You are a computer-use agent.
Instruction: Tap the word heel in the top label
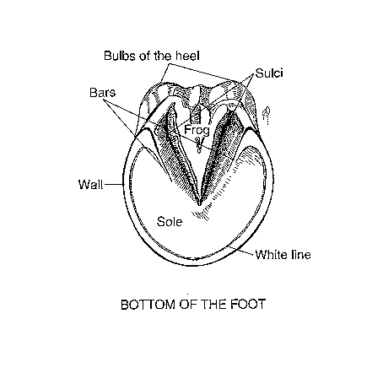pyautogui.click(x=188, y=56)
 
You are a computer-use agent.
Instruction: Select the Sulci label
pyautogui.click(x=269, y=73)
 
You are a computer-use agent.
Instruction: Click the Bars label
pyautogui.click(x=102, y=93)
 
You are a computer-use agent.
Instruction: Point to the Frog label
pyautogui.click(x=197, y=131)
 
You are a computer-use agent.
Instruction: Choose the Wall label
pyautogui.click(x=90, y=185)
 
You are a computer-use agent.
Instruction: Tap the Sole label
pyautogui.click(x=170, y=222)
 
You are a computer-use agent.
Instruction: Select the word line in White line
pyautogui.click(x=301, y=255)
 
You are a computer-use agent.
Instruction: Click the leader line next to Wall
pyautogui.click(x=113, y=185)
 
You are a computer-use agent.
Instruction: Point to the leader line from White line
pyautogui.click(x=242, y=250)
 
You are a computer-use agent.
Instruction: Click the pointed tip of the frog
pyautogui.click(x=199, y=204)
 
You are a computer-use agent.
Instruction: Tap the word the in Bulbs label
pyautogui.click(x=164, y=56)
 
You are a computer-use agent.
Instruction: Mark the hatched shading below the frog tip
pyautogui.click(x=201, y=214)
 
